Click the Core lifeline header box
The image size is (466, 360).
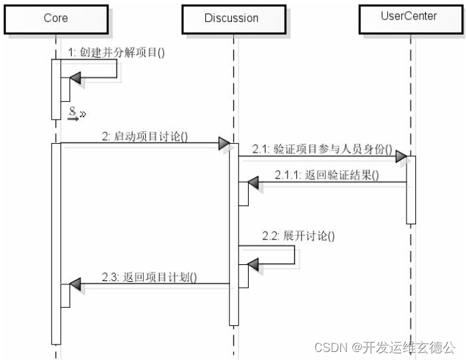(55, 19)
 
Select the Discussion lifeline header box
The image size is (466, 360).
(231, 19)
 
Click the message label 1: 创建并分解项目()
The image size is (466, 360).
(116, 52)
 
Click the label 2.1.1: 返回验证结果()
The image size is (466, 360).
(326, 175)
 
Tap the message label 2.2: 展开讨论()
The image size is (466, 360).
(298, 236)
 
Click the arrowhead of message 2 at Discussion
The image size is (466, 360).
(225, 143)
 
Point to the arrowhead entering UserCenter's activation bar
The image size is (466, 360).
(400, 157)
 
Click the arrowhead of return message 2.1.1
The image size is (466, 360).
(255, 182)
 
